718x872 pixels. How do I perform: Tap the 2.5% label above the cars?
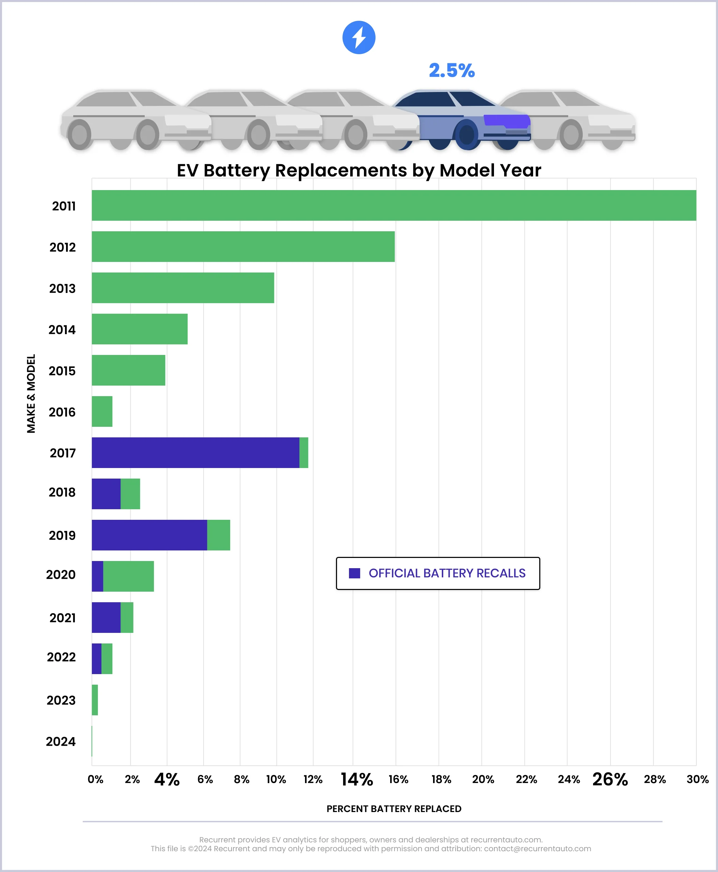(x=452, y=71)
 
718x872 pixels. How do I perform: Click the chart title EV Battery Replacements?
(x=358, y=170)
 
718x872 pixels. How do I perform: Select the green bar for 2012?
(x=243, y=247)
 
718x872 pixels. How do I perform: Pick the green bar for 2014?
(x=139, y=329)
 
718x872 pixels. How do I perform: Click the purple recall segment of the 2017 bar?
(x=195, y=452)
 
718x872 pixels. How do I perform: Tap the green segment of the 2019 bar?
(x=218, y=535)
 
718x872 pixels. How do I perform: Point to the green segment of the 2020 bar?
(x=128, y=576)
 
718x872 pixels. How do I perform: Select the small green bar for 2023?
(x=95, y=700)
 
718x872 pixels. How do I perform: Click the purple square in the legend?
(x=354, y=573)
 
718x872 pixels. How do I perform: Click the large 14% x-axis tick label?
(x=356, y=780)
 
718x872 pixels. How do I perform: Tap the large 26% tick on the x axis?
(x=610, y=780)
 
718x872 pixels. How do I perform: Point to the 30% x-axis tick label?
(x=697, y=780)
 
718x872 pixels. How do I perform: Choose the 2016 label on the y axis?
(x=62, y=412)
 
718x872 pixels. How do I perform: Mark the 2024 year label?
(x=61, y=741)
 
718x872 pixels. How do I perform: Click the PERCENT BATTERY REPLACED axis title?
(x=394, y=809)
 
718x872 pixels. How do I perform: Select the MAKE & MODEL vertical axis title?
(x=31, y=393)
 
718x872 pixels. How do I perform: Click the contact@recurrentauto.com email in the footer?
(x=537, y=849)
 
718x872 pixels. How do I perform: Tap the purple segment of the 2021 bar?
(x=106, y=618)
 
